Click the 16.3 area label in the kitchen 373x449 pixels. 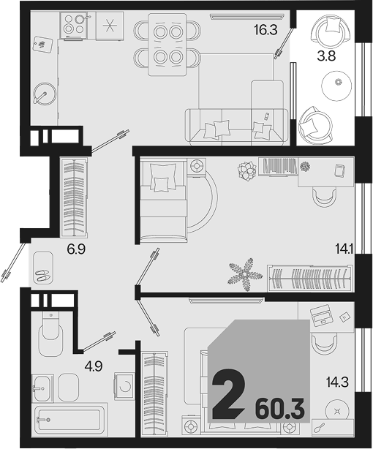pyautogui.click(x=266, y=29)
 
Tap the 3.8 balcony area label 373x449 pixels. pyautogui.click(x=326, y=56)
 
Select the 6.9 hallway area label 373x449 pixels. pyautogui.click(x=76, y=249)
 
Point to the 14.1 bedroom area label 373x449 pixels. pyautogui.click(x=344, y=249)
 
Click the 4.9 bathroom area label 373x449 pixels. pyautogui.click(x=94, y=366)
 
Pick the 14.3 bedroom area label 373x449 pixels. pyautogui.click(x=337, y=382)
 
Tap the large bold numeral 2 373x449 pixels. pyautogui.click(x=229, y=394)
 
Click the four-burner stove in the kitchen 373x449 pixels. pyautogui.click(x=73, y=24)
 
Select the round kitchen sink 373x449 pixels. pyautogui.click(x=45, y=94)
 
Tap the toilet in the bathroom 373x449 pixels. pyautogui.click(x=50, y=334)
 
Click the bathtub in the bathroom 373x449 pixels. pyautogui.click(x=69, y=420)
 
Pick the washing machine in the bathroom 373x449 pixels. pyautogui.click(x=124, y=386)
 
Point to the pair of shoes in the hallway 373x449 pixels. pyautogui.click(x=43, y=276)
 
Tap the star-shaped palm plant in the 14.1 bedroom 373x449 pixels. pyautogui.click(x=245, y=274)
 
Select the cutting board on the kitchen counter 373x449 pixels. pyautogui.click(x=43, y=45)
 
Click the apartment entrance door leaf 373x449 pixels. pyautogui.click(x=13, y=263)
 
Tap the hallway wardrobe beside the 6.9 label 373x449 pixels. pyautogui.click(x=74, y=197)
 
